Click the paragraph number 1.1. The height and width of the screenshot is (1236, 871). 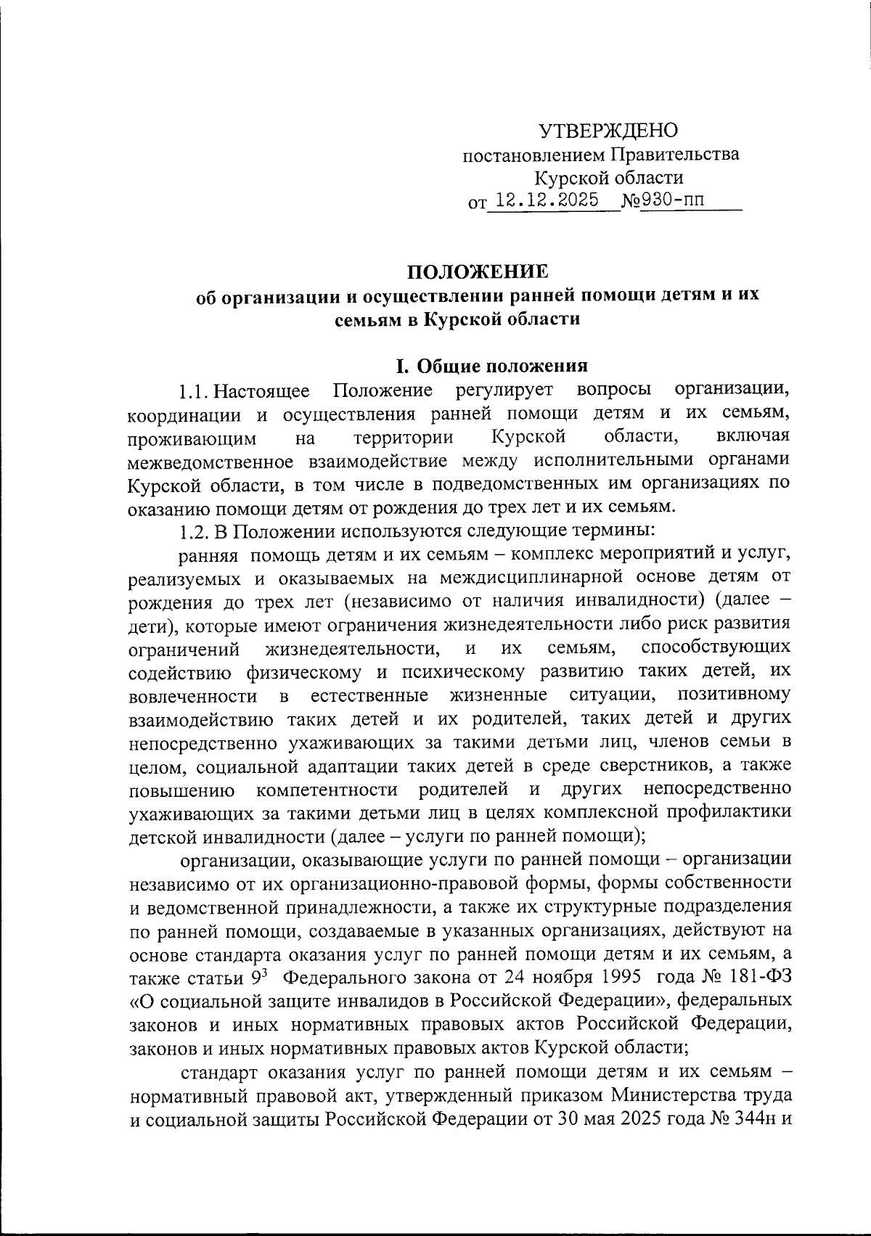194,392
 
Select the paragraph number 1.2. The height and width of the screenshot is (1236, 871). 194,531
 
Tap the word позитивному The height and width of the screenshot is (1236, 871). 733,695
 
